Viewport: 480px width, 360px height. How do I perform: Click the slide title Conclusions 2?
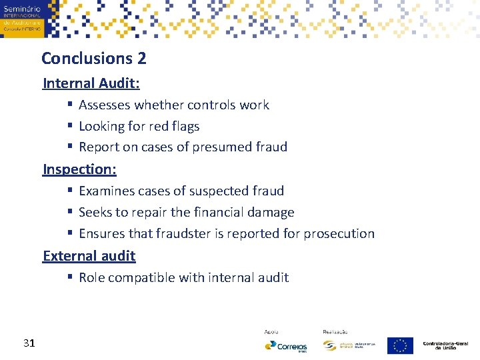coord(93,59)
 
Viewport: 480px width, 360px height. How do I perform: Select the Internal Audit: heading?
coord(91,83)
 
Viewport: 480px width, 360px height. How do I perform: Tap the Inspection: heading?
coord(79,169)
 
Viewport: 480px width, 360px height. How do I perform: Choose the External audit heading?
coord(89,256)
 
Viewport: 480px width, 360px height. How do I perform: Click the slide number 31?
coord(29,343)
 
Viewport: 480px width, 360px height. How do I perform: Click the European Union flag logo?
coord(399,345)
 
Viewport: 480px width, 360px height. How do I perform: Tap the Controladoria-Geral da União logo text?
coord(445,345)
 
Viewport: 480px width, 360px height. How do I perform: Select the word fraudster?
coord(185,234)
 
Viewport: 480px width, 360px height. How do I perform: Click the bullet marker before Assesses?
coord(70,105)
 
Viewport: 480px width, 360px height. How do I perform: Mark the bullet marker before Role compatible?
coord(70,278)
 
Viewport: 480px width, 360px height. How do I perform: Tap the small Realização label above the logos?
coord(335,331)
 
